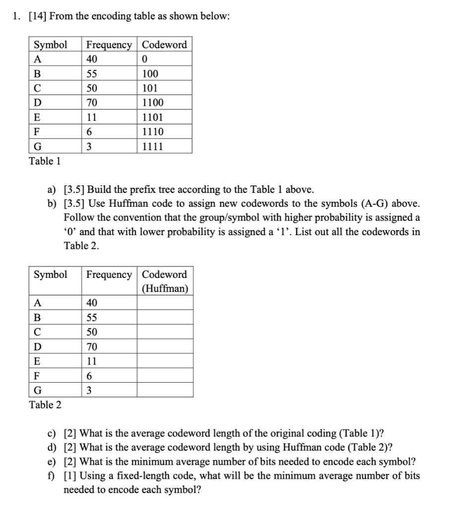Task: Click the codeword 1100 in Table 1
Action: point(152,103)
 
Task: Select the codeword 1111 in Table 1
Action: point(152,146)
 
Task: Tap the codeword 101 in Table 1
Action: point(150,88)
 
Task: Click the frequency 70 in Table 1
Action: point(92,103)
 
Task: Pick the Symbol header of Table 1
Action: point(50,45)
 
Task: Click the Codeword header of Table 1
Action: point(164,45)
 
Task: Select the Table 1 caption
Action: point(45,161)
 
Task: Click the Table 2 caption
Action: point(46,405)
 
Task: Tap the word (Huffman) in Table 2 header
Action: point(164,288)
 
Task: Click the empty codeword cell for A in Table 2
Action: point(165,303)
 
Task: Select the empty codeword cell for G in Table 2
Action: point(165,390)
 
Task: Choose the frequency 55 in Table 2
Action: point(92,318)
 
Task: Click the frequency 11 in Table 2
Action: point(92,361)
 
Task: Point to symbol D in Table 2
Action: point(37,346)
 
